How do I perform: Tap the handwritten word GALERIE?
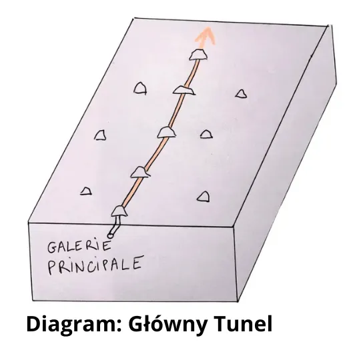[79, 246]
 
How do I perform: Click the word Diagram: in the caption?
[74, 325]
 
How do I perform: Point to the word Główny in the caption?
[167, 324]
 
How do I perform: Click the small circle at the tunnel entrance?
[110, 235]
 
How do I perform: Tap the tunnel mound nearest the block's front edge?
[119, 211]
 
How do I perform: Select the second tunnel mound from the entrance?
[140, 172]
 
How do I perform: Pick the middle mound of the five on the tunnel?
[166, 132]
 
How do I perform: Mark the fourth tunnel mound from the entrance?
[184, 90]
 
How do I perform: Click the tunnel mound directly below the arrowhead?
[198, 55]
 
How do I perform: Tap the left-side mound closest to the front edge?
[86, 191]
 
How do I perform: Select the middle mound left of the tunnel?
[100, 135]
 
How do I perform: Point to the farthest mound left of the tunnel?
[140, 88]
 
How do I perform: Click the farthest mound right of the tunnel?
[242, 94]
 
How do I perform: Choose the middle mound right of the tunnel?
[206, 134]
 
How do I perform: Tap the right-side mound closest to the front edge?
[204, 197]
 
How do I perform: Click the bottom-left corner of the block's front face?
[32, 301]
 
